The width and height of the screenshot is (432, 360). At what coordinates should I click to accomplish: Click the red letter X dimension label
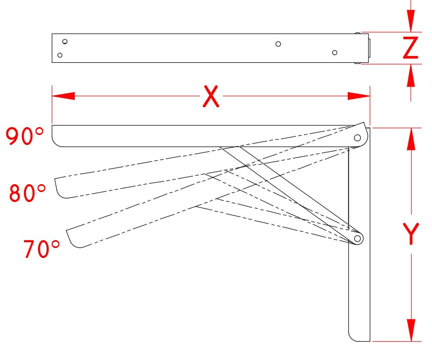pos(210,96)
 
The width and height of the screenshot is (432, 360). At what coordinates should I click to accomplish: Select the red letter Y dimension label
pos(412,234)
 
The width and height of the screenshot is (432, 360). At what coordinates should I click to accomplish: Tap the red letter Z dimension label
pos(411,48)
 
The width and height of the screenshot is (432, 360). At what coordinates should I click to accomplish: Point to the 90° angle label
pos(25,136)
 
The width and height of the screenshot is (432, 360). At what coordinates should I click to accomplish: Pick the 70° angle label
pos(42,249)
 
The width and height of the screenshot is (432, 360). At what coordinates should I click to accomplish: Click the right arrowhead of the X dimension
pos(359,96)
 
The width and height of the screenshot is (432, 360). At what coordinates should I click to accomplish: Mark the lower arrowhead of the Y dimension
pos(412,330)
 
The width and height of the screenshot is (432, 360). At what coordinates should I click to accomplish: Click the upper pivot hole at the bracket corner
pos(358,138)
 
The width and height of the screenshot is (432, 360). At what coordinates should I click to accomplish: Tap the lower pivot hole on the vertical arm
pos(358,239)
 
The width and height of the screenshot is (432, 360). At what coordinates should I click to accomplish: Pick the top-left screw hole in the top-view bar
pos(65,41)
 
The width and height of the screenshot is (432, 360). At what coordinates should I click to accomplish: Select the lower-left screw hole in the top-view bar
pos(60,55)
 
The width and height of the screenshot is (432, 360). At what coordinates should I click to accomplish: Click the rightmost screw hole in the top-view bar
pos(335,52)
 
